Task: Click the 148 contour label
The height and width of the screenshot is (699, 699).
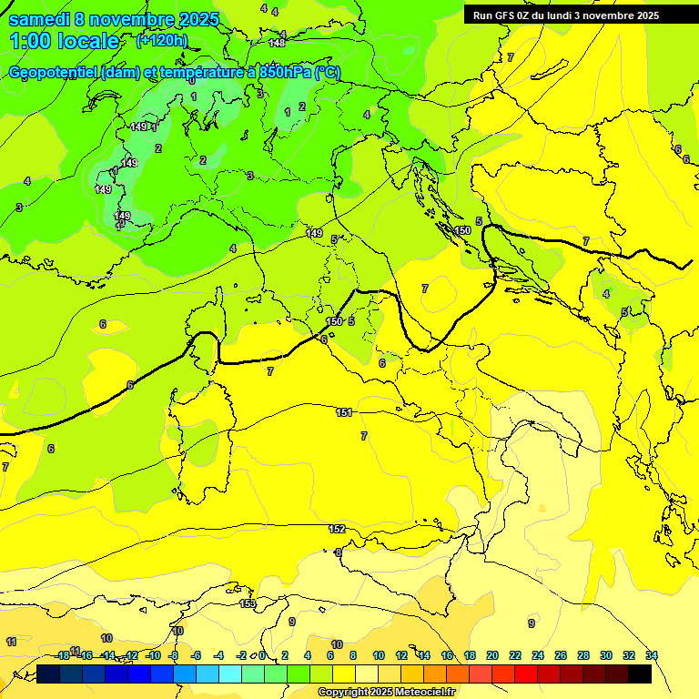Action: [278, 43]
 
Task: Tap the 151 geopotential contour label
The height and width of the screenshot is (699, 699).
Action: [344, 412]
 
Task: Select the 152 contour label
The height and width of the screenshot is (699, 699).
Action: [337, 529]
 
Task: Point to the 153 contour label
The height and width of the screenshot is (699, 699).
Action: [248, 603]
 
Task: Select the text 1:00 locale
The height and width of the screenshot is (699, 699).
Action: [65, 41]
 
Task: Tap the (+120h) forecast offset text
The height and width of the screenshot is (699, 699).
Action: [162, 40]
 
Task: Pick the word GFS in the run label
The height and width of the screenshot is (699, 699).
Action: [509, 15]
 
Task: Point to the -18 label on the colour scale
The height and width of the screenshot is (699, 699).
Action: [63, 655]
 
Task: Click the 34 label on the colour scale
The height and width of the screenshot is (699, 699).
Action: [652, 655]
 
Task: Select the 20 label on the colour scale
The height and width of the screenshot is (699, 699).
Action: [492, 655]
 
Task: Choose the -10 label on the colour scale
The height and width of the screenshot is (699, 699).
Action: [153, 655]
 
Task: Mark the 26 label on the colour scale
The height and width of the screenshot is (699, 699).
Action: [561, 655]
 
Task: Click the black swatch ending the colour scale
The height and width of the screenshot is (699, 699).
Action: [640, 674]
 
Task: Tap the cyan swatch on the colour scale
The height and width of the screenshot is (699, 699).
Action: [230, 674]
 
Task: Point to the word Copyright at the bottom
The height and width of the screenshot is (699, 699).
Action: [343, 693]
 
